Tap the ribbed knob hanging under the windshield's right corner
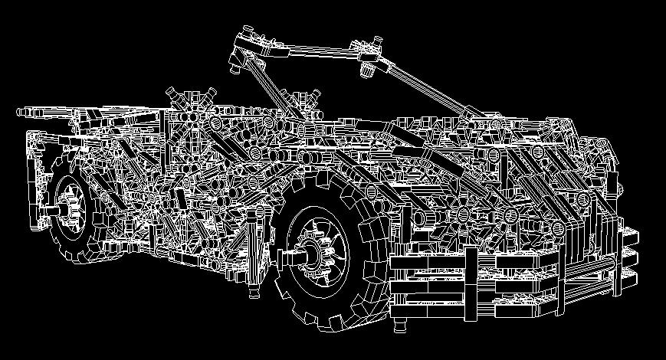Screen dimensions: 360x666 click(369, 70)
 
